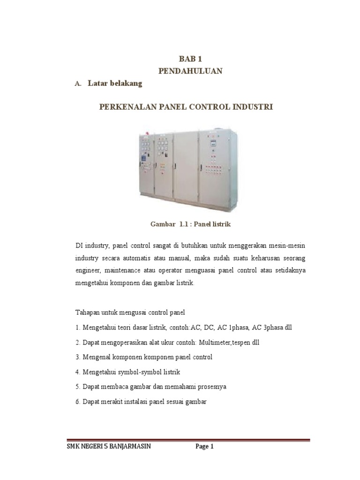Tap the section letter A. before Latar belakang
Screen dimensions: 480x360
click(78, 84)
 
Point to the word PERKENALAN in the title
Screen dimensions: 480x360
click(121, 107)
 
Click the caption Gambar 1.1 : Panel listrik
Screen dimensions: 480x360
click(190, 225)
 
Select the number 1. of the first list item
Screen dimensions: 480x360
click(78, 327)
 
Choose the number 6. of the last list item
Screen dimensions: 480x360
click(78, 402)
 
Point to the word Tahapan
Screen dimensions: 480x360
click(88, 312)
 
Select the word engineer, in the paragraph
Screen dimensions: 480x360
click(88, 270)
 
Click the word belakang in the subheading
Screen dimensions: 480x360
click(125, 84)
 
